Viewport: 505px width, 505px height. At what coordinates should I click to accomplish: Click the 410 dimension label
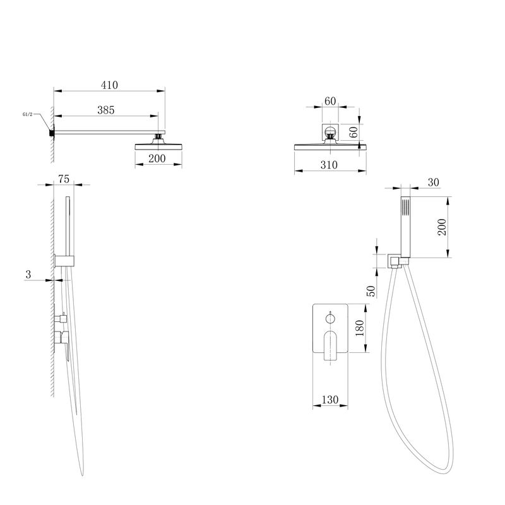109,85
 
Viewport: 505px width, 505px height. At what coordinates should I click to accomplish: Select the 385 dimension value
106,110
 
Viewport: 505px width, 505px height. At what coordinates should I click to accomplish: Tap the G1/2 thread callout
27,114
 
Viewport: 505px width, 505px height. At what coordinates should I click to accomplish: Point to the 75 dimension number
64,179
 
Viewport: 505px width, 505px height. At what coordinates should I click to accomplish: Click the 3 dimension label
28,275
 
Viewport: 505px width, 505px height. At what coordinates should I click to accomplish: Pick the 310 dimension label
329,165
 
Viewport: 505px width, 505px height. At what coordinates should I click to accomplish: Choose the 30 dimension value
434,182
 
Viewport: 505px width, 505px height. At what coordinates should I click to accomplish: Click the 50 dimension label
371,291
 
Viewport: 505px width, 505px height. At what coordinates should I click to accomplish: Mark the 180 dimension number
359,328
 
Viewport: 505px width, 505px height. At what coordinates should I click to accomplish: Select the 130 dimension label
330,400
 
